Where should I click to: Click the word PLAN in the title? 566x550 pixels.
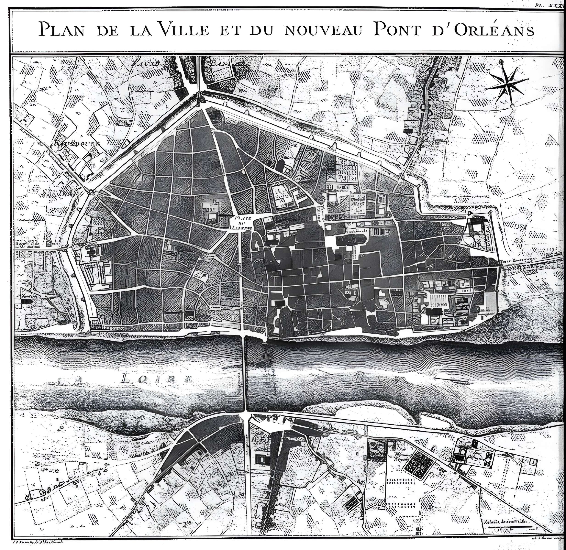click(x=61, y=29)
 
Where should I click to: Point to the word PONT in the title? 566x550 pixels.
click(x=397, y=29)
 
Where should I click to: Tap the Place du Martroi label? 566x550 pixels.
click(x=242, y=223)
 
